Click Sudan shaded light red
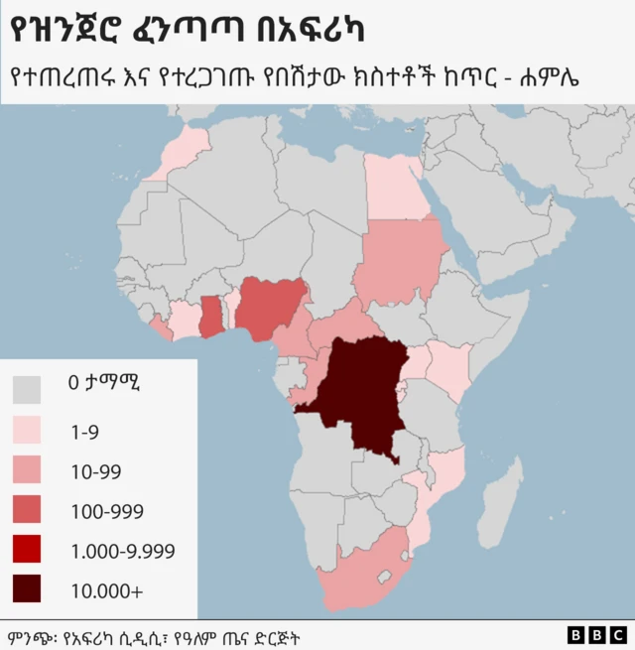click(x=401, y=260)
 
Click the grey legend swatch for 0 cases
click(x=28, y=388)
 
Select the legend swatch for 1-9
click(x=28, y=430)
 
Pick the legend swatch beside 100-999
click(x=28, y=510)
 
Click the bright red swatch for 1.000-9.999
click(x=28, y=550)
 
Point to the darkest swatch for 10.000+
click(x=28, y=589)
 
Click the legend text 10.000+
click(x=106, y=590)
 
